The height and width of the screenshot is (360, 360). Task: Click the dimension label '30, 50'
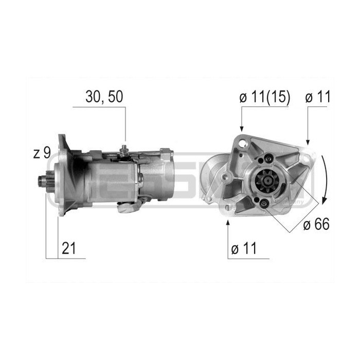105,97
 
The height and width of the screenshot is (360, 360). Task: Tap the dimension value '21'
69,248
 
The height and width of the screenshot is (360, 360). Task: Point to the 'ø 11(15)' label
265,97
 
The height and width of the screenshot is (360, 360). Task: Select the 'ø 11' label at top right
318,97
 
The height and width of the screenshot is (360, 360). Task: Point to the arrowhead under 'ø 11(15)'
241,128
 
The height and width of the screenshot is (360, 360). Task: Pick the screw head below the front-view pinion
264,205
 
